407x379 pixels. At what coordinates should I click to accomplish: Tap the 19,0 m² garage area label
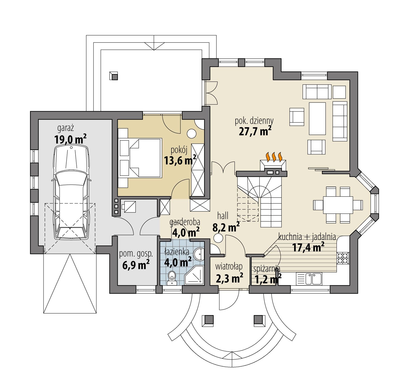point(70,139)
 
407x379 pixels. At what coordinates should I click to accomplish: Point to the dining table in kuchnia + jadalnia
point(338,205)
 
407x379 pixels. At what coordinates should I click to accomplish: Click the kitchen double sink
point(313,279)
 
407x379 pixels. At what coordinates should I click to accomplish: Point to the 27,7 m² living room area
point(255,131)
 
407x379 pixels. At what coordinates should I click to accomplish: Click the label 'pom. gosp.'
point(136,254)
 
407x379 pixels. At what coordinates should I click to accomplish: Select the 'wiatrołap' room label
point(229,266)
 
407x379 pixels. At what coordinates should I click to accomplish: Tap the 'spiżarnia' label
point(266,269)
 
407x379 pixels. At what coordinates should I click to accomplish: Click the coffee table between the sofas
point(317,118)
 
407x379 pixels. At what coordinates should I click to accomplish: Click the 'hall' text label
point(223,215)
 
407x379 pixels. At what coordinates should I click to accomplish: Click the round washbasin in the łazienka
point(199,254)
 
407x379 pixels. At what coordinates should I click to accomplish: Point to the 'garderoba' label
point(185,222)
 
